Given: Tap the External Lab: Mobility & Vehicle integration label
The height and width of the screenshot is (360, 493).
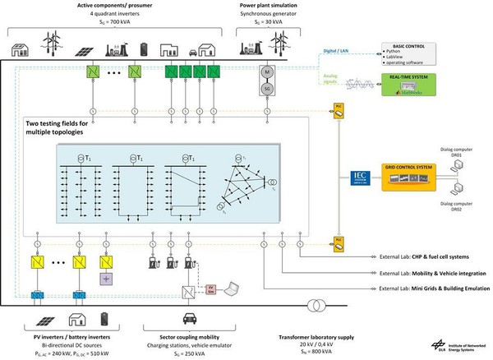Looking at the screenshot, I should [430, 273].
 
